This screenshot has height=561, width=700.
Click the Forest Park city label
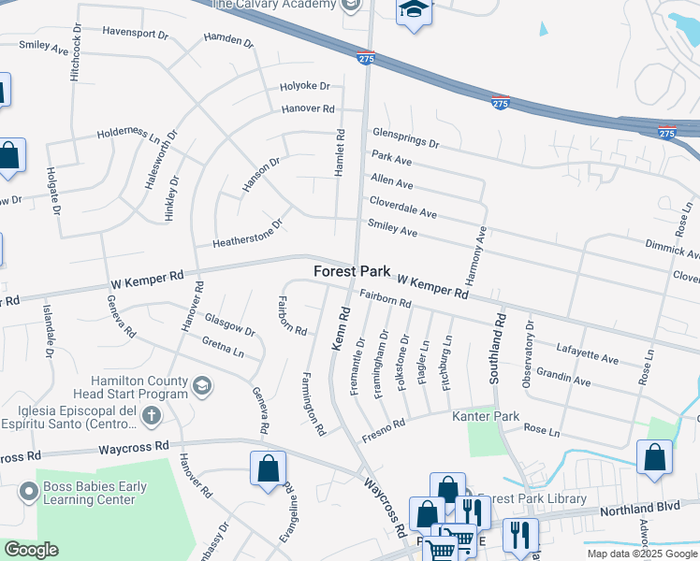tap(351, 271)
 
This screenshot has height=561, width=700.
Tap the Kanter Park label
tap(486, 415)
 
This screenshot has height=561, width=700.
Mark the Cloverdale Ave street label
tap(403, 207)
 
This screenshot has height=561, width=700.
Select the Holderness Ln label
tap(129, 136)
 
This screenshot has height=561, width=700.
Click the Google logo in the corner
tap(31, 550)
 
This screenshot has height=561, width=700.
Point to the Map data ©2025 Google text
tap(641, 554)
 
